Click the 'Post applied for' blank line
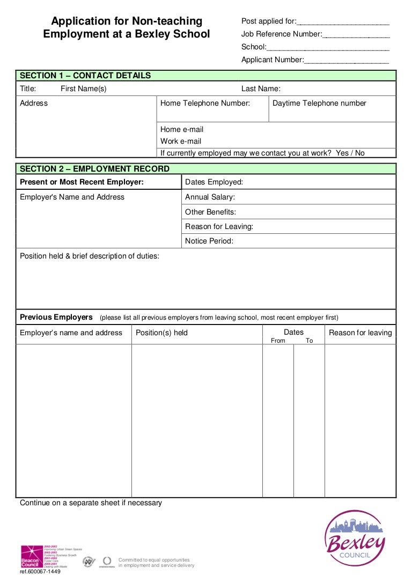[343, 22]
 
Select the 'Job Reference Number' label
[282, 34]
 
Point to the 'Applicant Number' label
[273, 60]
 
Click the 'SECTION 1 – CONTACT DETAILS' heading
[85, 76]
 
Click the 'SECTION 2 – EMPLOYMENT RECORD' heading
[94, 169]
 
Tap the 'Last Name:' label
[261, 89]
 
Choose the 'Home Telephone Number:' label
[205, 103]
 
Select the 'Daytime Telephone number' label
[319, 103]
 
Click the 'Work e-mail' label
[181, 142]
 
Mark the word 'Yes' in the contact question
[342, 153]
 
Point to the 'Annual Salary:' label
[210, 197]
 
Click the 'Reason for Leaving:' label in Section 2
[219, 226]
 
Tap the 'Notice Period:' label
[209, 241]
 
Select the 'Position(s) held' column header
[161, 333]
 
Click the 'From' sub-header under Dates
[278, 341]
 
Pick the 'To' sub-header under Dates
[309, 341]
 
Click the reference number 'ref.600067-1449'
[40, 572]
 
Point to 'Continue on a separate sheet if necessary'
[91, 503]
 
